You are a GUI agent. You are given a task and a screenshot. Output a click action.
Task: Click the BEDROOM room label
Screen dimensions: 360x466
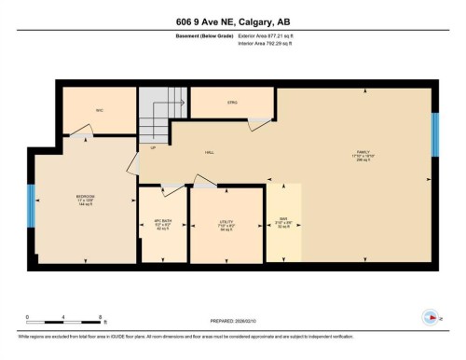click(x=86, y=197)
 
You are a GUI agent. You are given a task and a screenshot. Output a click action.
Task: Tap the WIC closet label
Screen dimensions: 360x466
click(x=99, y=110)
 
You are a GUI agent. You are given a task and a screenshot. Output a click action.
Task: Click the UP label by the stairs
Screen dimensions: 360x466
click(x=153, y=147)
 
